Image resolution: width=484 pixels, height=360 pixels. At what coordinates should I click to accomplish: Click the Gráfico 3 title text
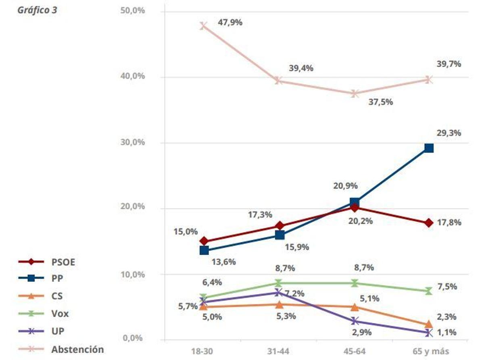[37, 10]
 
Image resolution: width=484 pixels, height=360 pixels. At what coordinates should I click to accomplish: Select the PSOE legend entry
[63, 262]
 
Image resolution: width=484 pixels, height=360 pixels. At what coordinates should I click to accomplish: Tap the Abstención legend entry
[77, 349]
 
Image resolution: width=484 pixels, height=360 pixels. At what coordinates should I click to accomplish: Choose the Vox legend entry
[60, 314]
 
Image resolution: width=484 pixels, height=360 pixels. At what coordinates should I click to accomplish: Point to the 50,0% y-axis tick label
[132, 10]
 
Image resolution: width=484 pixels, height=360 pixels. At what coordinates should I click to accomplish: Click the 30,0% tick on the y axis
[132, 143]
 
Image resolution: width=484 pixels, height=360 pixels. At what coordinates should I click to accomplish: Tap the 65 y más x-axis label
[428, 351]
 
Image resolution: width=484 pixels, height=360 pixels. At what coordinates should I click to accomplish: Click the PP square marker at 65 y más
[429, 148]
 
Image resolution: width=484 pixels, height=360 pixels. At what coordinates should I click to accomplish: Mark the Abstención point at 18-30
[204, 26]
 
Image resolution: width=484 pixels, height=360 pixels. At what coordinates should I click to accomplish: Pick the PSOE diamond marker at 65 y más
[429, 223]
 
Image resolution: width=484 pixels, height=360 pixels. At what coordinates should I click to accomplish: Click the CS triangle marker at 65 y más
[429, 325]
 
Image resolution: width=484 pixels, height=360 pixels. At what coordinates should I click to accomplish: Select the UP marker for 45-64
[355, 321]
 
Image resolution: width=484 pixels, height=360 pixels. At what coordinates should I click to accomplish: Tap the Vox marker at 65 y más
[429, 291]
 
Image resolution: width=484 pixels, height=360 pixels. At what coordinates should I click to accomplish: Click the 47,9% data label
[230, 23]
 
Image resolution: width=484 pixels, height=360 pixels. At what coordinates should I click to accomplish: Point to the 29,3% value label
[449, 133]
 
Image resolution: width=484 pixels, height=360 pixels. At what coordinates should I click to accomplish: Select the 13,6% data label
[223, 262]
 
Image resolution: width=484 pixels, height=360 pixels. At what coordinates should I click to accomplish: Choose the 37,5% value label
[380, 102]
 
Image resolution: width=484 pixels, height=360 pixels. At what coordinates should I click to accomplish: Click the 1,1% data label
[446, 333]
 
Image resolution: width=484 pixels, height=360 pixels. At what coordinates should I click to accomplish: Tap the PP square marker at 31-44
[280, 235]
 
